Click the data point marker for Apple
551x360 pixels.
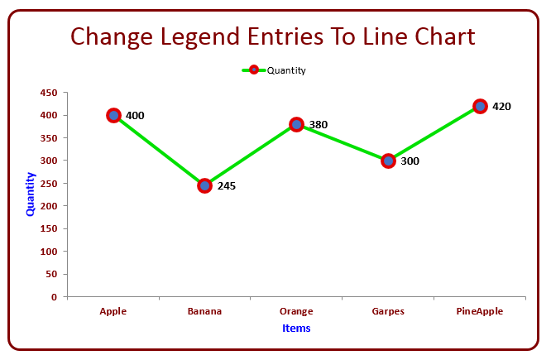pyautogui.click(x=113, y=115)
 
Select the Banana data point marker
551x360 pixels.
pyautogui.click(x=205, y=185)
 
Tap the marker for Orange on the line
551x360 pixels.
pyautogui.click(x=296, y=124)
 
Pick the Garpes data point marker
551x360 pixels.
pyautogui.click(x=388, y=161)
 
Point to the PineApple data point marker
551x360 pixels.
pyautogui.click(x=480, y=106)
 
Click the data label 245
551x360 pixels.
pyautogui.click(x=227, y=186)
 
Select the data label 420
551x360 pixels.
pyautogui.click(x=501, y=107)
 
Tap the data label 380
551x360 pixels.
pyautogui.click(x=319, y=125)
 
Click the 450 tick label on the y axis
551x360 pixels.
pyautogui.click(x=49, y=93)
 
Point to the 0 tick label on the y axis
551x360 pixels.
pyautogui.click(x=54, y=297)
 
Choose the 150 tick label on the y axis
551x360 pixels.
pyautogui.click(x=49, y=229)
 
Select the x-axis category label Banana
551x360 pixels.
pyautogui.click(x=204, y=311)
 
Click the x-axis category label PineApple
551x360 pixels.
pyautogui.click(x=480, y=311)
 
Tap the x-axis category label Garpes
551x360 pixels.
pyautogui.click(x=388, y=311)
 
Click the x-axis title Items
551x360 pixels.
pyautogui.click(x=296, y=329)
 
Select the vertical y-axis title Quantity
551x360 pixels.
pyautogui.click(x=31, y=194)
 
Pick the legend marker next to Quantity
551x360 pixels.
pyautogui.click(x=254, y=70)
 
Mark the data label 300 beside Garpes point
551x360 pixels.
pyautogui.click(x=410, y=161)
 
